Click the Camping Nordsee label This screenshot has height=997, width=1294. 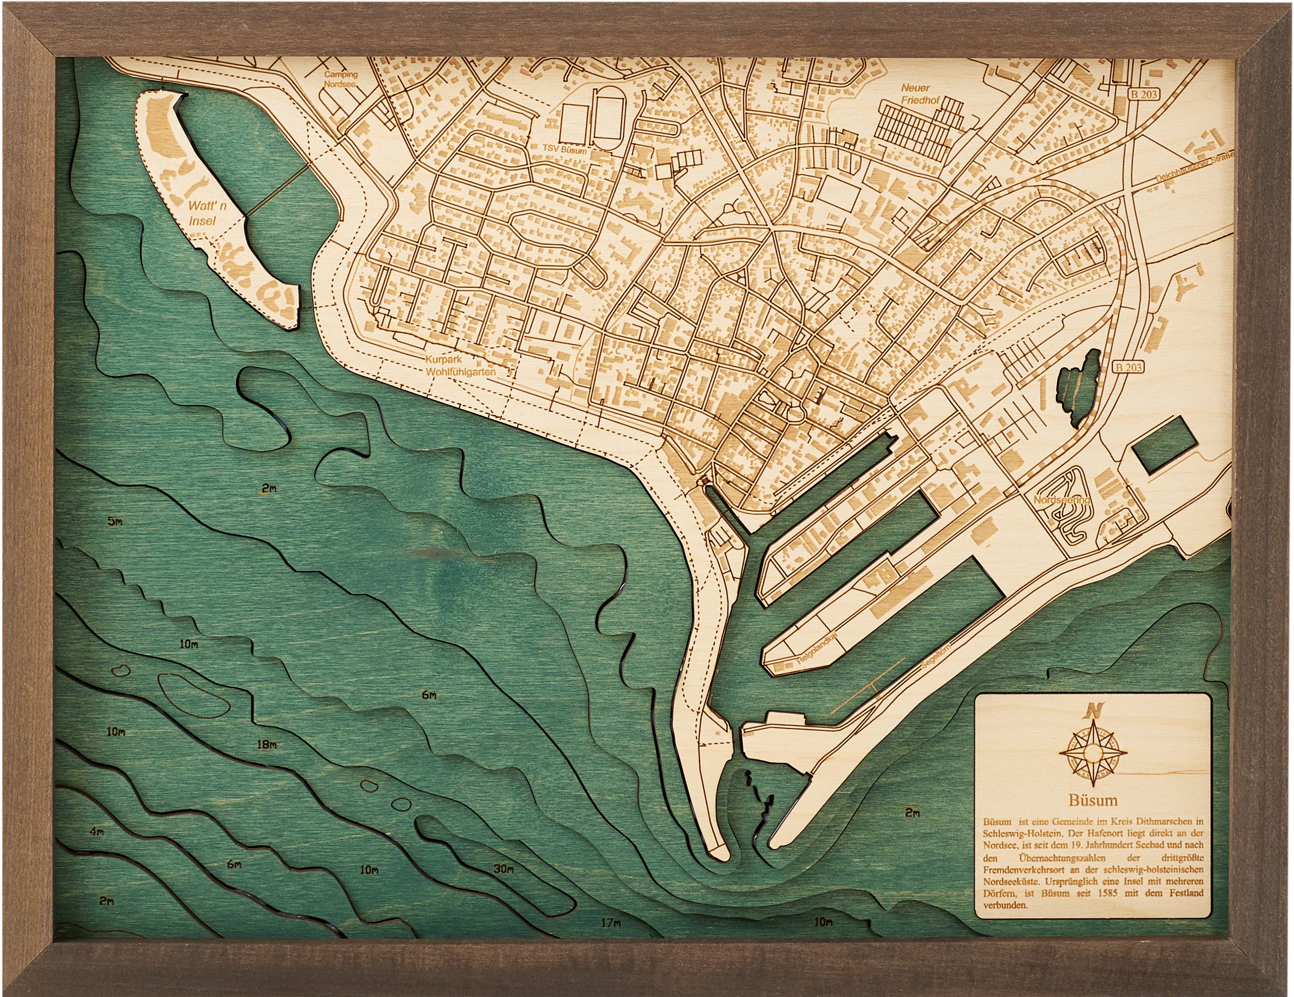click(x=341, y=79)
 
